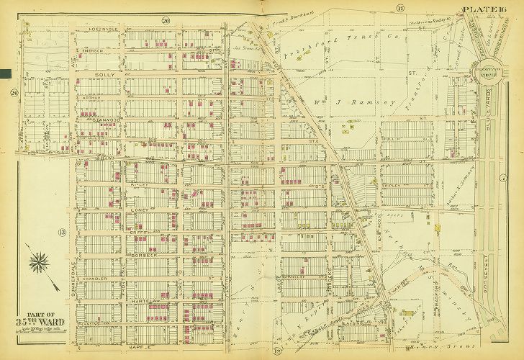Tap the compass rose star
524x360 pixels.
point(39,261)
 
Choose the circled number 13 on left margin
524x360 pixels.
point(63,232)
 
